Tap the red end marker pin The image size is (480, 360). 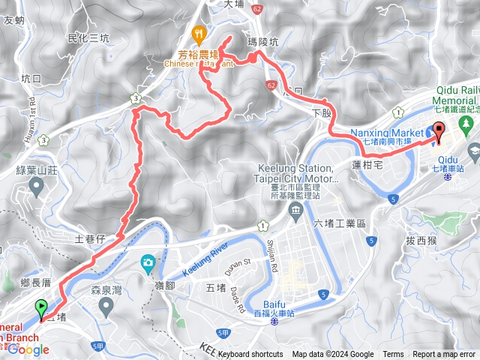(x=438, y=130)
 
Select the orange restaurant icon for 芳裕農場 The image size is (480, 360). (x=198, y=33)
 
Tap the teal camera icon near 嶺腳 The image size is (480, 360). (x=148, y=262)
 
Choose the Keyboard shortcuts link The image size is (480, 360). (x=250, y=355)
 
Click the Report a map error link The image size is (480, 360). (x=444, y=355)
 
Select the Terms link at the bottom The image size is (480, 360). (x=393, y=355)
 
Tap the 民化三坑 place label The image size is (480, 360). (x=88, y=37)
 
